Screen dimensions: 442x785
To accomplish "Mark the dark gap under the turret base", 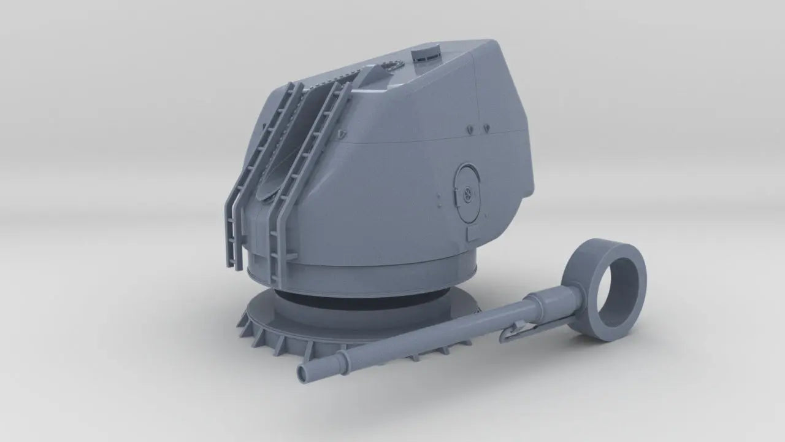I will point(343,299).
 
